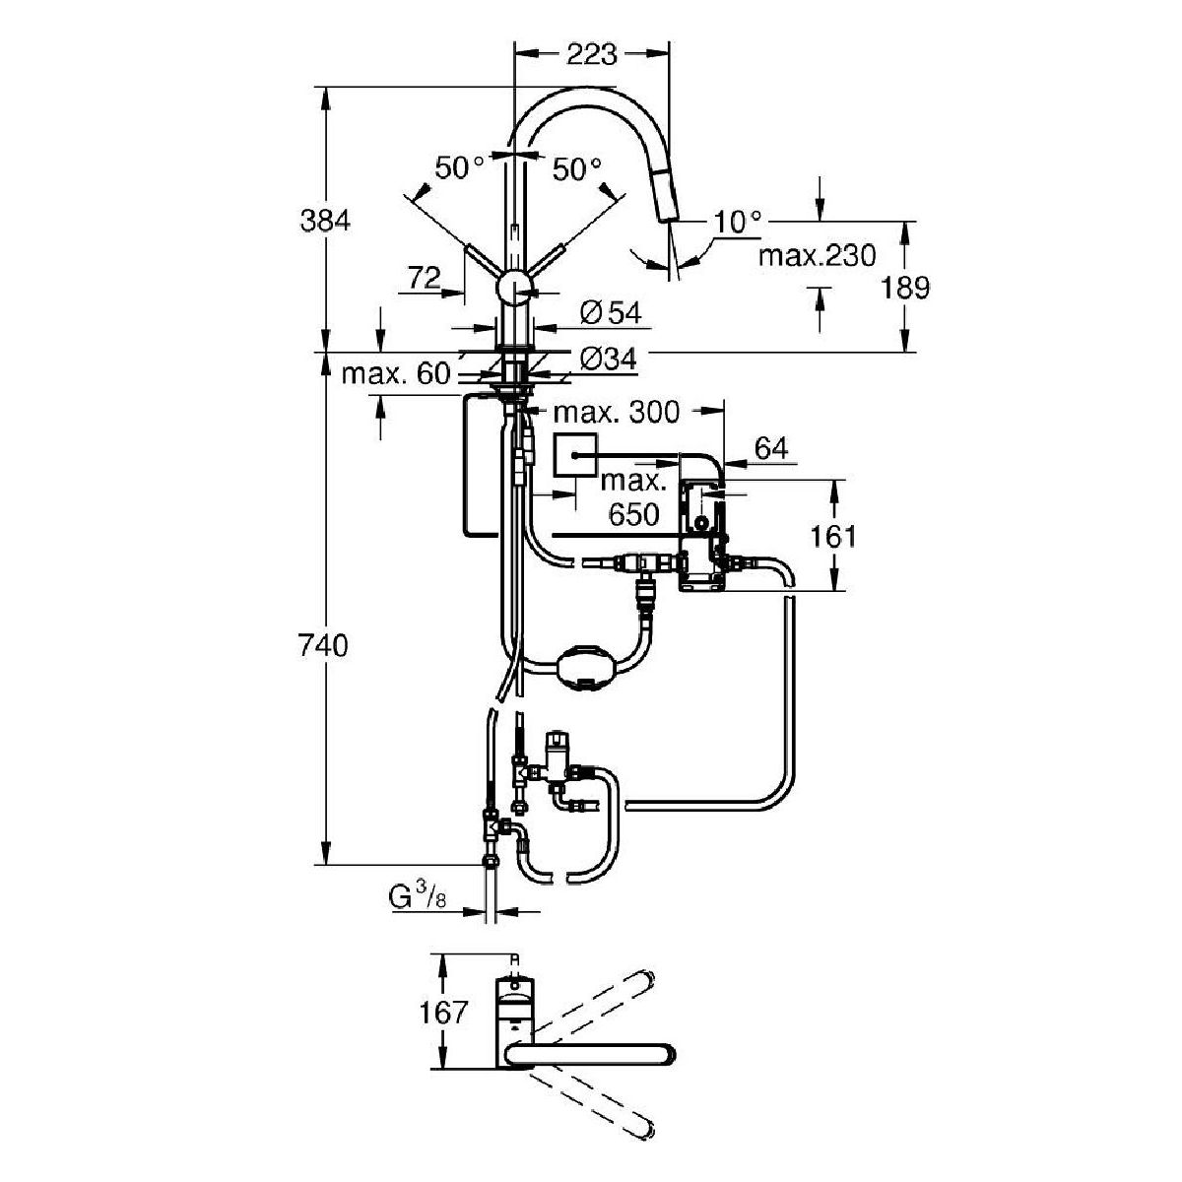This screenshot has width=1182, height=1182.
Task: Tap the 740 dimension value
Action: [x=325, y=647]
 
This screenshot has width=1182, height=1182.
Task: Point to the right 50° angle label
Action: [x=576, y=169]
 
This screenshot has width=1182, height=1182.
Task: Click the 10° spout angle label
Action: [x=739, y=223]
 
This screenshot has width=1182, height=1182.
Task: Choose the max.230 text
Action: [x=817, y=256]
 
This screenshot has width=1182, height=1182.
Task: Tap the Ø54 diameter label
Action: [x=611, y=313]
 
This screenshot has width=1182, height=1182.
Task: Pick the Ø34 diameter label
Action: [x=608, y=361]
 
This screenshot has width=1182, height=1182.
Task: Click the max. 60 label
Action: [x=395, y=374]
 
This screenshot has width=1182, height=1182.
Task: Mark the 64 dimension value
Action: [x=772, y=449]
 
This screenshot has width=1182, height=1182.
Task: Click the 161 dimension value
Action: [x=832, y=536]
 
